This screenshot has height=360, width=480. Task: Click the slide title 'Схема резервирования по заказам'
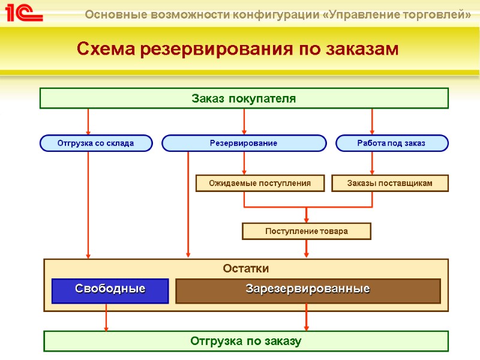pyautogui.click(x=238, y=49)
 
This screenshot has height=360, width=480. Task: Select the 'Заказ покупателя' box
pyautogui.click(x=244, y=98)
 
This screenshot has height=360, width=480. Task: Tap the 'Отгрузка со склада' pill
pyautogui.click(x=96, y=143)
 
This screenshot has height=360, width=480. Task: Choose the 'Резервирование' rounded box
pyautogui.click(x=244, y=143)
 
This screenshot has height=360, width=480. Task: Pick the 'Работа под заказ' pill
pyautogui.click(x=391, y=143)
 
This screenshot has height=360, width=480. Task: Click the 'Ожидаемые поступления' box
pyautogui.click(x=260, y=183)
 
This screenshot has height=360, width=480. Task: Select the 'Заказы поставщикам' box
pyautogui.click(x=390, y=183)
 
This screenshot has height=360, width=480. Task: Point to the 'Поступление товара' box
pyautogui.click(x=306, y=231)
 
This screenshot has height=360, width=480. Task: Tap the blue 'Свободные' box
pyautogui.click(x=110, y=290)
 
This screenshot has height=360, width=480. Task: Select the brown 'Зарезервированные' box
pyautogui.click(x=307, y=290)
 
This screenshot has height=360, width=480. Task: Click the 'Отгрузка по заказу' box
pyautogui.click(x=246, y=341)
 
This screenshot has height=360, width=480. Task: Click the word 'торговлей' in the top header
pyautogui.click(x=439, y=14)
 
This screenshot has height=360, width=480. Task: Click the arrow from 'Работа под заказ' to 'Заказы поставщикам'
pyautogui.click(x=373, y=163)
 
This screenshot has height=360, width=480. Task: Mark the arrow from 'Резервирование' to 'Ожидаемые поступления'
pyautogui.click(x=244, y=163)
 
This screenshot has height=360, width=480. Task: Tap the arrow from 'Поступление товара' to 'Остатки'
pyautogui.click(x=307, y=249)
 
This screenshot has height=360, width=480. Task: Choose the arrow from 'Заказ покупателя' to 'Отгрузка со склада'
pyautogui.click(x=89, y=122)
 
